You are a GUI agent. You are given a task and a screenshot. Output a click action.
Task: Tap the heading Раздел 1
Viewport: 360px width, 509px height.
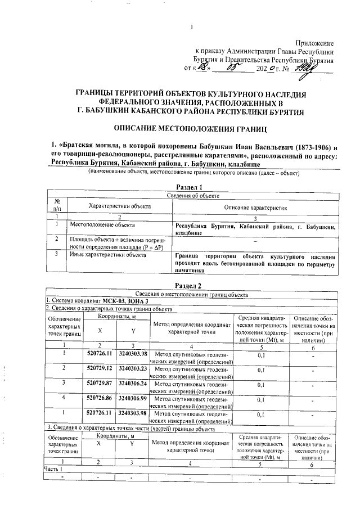pos(185,187)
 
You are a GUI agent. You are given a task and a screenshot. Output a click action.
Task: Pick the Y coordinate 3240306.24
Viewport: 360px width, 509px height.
pos(133,383)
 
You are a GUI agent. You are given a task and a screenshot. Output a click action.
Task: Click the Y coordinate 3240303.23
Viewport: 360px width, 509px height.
pos(133,368)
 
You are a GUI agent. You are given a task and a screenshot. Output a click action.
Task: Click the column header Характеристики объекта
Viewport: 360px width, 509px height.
pos(118,206)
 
